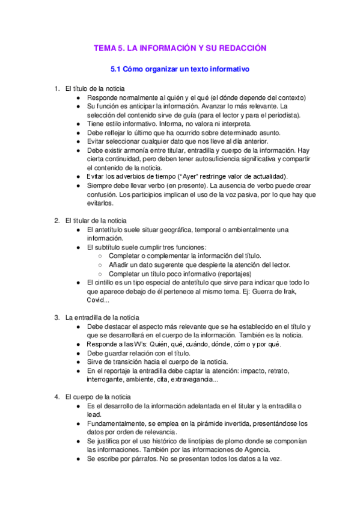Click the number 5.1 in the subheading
[108, 69]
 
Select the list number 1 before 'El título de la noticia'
[56, 88]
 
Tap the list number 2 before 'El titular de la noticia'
[56, 220]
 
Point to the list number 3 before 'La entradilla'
[56, 317]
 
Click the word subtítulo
[114, 247]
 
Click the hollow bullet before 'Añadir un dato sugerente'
[100, 265]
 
